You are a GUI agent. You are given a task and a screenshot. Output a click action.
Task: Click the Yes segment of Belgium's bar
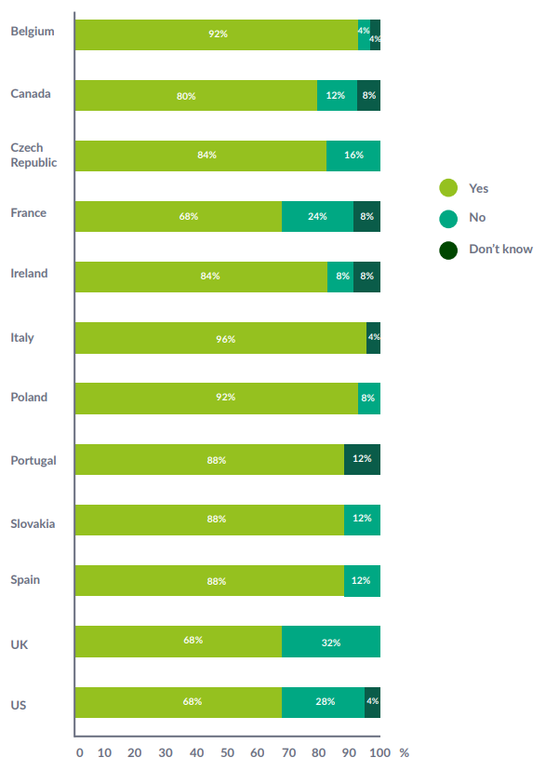point(216,34)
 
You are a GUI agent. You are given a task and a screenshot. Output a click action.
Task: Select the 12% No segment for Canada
point(337,95)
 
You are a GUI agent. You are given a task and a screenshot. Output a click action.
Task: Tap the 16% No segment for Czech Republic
point(353,156)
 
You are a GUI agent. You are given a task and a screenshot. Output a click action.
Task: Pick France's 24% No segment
point(317,216)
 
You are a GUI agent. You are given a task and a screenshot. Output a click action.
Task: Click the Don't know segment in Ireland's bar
point(367,277)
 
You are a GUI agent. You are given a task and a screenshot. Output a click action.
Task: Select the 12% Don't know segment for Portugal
point(362,459)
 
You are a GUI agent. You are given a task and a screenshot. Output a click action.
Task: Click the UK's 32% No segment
point(331,642)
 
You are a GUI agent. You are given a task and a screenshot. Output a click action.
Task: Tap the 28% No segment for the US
point(324,702)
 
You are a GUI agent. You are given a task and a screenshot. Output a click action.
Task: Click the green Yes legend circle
point(448,188)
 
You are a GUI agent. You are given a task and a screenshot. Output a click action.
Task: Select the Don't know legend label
point(500,249)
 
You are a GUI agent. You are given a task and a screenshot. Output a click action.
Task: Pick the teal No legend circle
point(448,218)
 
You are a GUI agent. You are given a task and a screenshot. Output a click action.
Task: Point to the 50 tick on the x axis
point(227,752)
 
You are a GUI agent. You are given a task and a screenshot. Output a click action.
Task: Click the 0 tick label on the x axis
point(79,752)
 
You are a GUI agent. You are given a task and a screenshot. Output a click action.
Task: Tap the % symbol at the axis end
point(404,751)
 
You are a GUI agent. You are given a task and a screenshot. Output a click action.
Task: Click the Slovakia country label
point(33,523)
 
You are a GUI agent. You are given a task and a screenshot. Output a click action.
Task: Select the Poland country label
point(29,398)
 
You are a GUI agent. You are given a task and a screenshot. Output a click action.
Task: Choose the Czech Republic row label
point(33,155)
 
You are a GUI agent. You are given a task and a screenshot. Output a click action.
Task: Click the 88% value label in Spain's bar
point(217,581)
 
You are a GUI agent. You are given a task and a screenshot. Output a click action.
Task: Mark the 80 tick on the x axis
point(318,752)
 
